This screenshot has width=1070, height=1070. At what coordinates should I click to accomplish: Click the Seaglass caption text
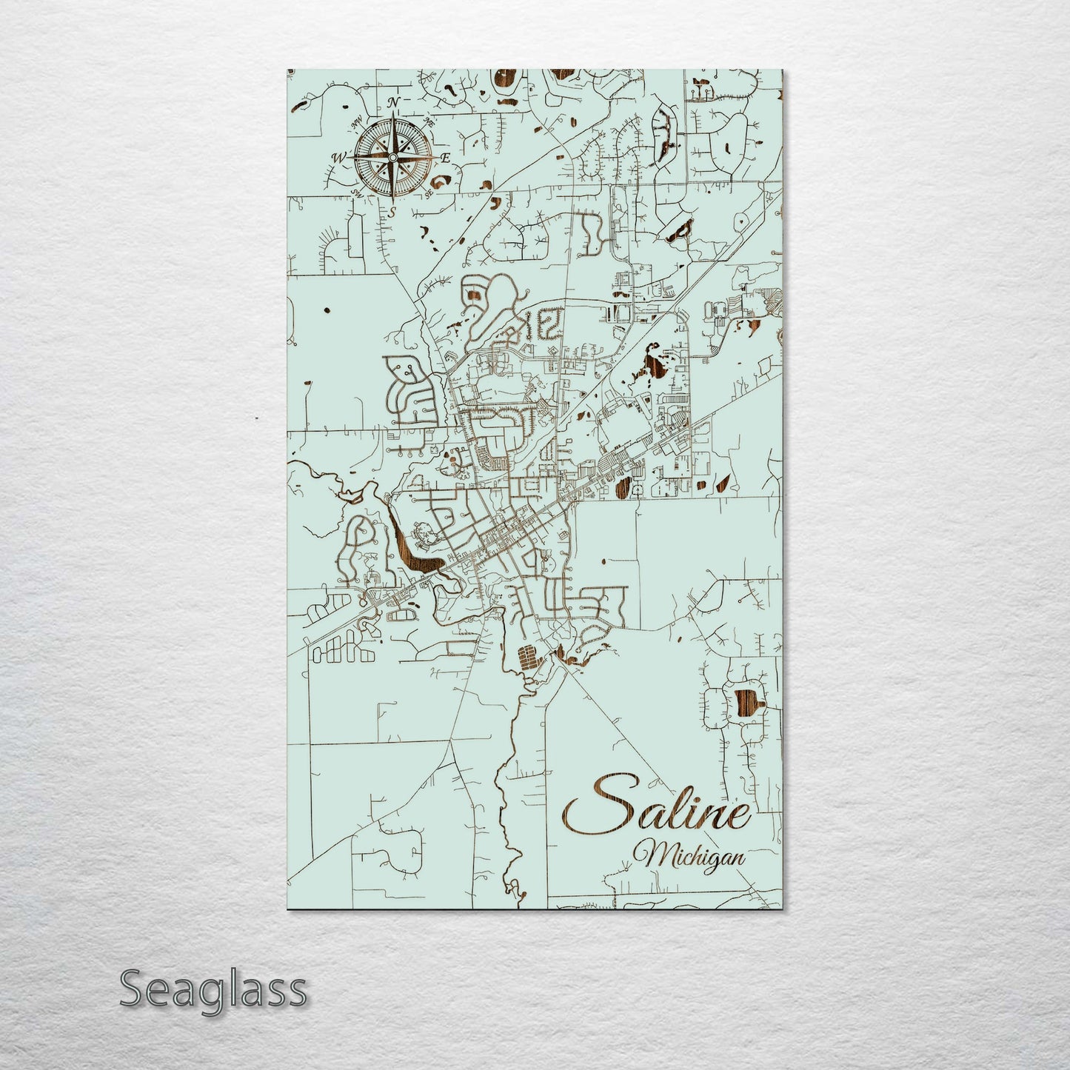213,989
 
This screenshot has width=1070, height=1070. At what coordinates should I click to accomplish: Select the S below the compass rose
392,213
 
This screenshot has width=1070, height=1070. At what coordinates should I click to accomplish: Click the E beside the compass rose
446,157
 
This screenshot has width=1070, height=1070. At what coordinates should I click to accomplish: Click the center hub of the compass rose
393,157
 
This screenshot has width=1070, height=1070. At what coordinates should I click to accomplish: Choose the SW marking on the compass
358,193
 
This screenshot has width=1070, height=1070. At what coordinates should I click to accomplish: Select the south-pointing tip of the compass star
393,202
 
